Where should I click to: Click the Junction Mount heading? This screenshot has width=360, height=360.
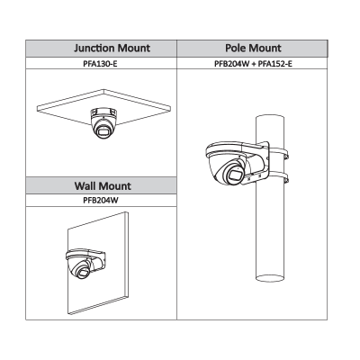(112, 49)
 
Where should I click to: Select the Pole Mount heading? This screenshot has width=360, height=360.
(253, 48)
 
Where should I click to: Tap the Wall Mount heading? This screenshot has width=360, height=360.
(103, 185)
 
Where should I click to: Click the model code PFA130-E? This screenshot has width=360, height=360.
(100, 64)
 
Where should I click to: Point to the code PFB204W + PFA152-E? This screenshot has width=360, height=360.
(253, 64)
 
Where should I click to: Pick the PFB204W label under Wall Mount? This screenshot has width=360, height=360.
(101, 201)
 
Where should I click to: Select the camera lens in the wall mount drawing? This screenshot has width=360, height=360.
(83, 273)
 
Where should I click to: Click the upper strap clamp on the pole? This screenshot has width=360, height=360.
(278, 153)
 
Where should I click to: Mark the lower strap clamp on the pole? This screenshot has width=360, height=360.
(278, 177)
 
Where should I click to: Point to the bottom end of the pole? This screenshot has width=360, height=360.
(270, 276)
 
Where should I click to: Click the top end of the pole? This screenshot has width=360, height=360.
(270, 119)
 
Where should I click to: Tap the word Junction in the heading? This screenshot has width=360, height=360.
(95, 49)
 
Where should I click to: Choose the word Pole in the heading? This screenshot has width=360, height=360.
(236, 48)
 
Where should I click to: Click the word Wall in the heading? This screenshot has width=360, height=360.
(85, 185)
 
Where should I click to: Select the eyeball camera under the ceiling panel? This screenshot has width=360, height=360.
(103, 123)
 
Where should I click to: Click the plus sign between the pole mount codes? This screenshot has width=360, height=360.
(254, 64)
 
